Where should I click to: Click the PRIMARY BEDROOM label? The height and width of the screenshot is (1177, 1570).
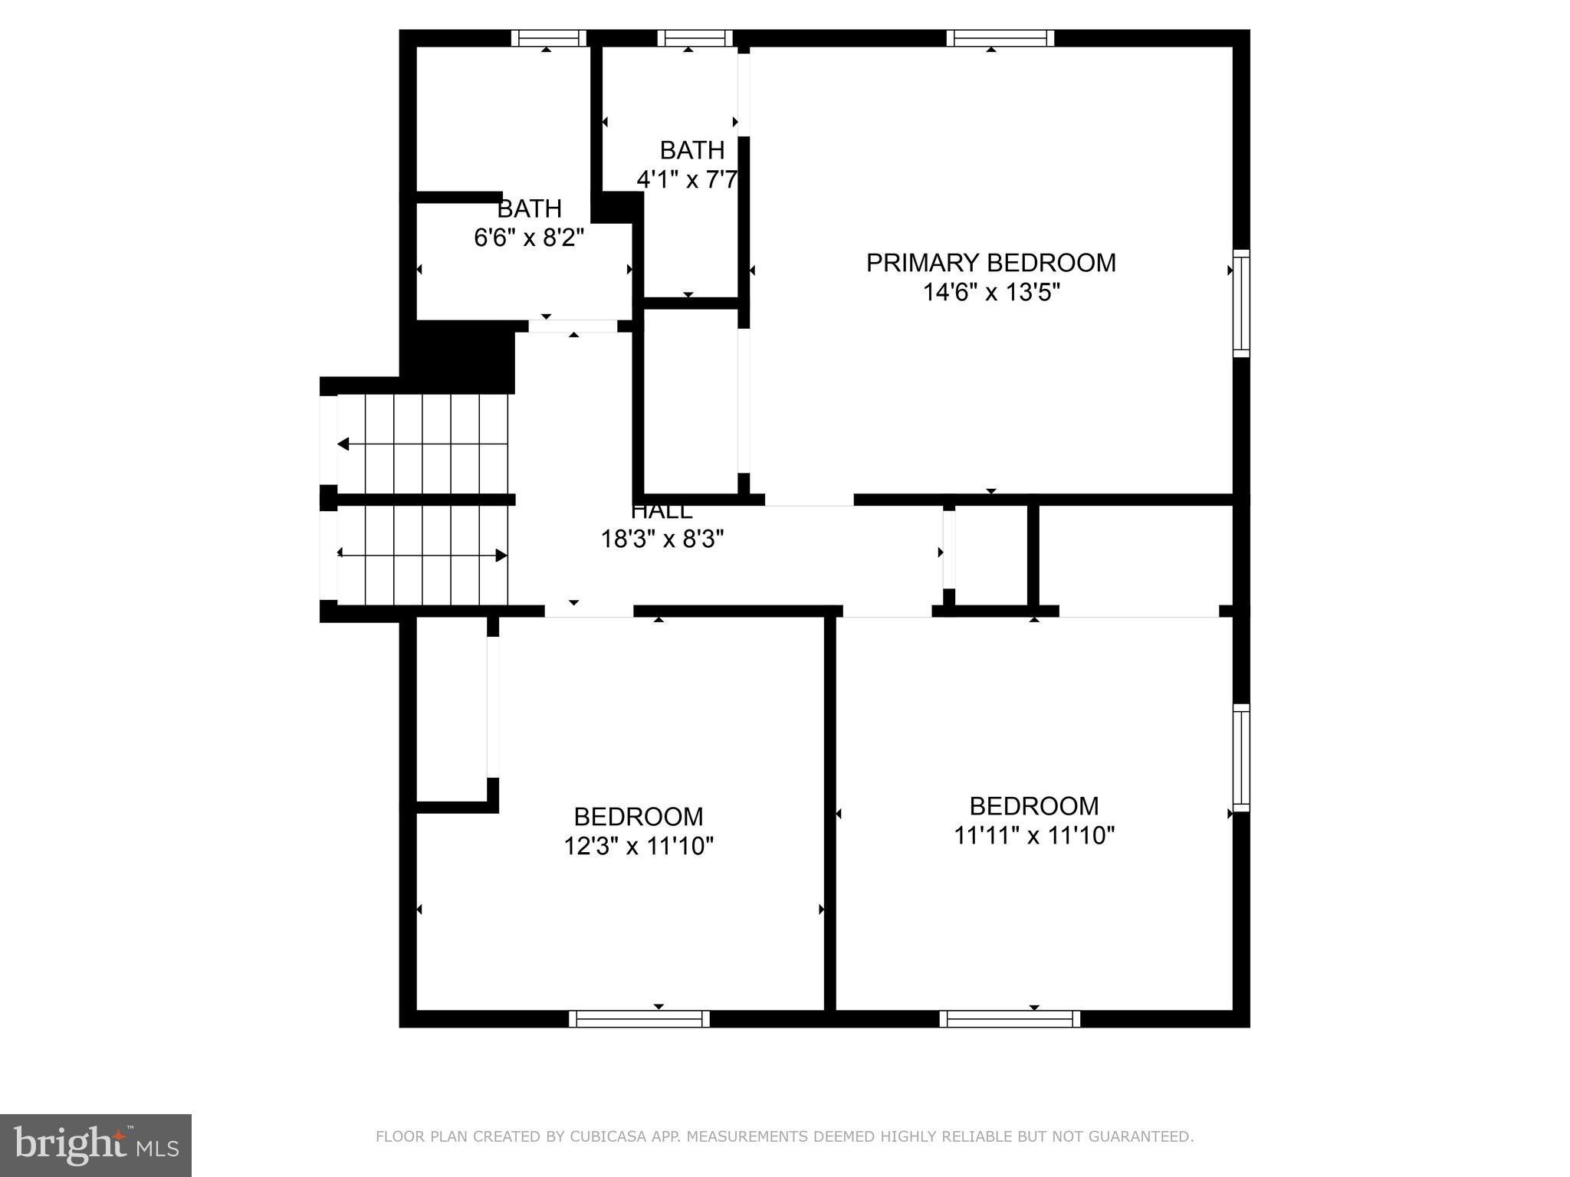pyautogui.click(x=990, y=263)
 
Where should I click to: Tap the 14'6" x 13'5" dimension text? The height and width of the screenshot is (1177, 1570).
pyautogui.click(x=990, y=293)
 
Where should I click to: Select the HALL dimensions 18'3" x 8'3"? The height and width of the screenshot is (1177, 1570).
pyautogui.click(x=662, y=539)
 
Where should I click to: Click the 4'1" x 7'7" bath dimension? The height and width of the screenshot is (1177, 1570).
pyautogui.click(x=687, y=180)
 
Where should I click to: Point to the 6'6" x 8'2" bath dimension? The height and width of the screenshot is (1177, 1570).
pyautogui.click(x=529, y=238)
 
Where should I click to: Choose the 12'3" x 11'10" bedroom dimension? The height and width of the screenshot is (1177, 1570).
pyautogui.click(x=639, y=846)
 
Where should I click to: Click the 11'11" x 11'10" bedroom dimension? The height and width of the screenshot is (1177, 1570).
pyautogui.click(x=1033, y=835)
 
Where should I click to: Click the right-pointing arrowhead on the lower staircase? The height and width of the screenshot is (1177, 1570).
pyautogui.click(x=501, y=556)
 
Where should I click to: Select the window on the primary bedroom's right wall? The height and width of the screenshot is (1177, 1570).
pyautogui.click(x=1241, y=303)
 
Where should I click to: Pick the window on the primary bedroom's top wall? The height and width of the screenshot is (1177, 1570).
pyautogui.click(x=1000, y=38)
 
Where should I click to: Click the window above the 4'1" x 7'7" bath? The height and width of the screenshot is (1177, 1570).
pyautogui.click(x=695, y=38)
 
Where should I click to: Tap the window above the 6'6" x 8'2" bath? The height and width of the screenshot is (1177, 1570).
pyautogui.click(x=548, y=38)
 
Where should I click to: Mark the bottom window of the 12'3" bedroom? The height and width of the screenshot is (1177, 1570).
pyautogui.click(x=639, y=1019)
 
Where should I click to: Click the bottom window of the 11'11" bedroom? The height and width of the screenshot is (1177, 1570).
pyautogui.click(x=1010, y=1019)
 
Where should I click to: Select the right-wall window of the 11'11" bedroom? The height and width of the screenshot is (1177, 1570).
pyautogui.click(x=1241, y=758)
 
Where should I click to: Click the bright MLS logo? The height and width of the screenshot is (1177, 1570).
pyautogui.click(x=95, y=1145)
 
